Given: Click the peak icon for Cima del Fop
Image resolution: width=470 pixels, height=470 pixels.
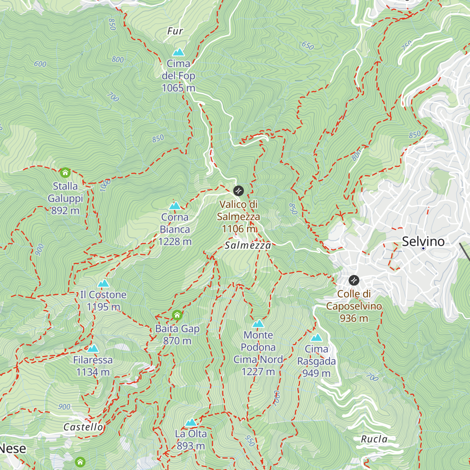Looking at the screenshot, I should coord(179,52).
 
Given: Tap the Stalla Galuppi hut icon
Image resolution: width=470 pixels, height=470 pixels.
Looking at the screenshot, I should coord(65,172).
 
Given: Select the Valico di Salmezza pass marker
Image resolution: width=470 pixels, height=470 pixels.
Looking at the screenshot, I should coord(239,191).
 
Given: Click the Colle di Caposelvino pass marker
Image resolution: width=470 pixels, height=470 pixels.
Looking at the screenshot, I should coord(354,280).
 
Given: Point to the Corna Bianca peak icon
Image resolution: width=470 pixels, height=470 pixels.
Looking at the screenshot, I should coord(175,206).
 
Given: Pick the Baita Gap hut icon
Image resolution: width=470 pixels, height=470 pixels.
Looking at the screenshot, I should coord(177,315).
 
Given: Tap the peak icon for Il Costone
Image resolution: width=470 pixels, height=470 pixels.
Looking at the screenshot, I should coord(103,283).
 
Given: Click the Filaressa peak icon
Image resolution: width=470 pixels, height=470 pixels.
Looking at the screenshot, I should coord(93,349).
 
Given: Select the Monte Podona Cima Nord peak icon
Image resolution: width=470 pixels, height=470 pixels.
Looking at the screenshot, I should coord(258,324).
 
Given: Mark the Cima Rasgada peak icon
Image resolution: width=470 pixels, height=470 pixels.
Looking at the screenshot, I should coord(316,338).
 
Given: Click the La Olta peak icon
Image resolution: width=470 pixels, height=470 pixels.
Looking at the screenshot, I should coord(191,422).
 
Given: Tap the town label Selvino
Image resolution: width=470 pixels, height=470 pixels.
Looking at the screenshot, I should coord(423,241).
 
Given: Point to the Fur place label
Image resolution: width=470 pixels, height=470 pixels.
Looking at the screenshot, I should coord(175,31).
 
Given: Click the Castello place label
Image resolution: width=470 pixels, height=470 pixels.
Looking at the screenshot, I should coord(83,427).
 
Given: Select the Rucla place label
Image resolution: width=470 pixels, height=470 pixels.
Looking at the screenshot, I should coord(374,439).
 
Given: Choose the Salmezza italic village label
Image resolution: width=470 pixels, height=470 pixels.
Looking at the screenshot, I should coord(248,246).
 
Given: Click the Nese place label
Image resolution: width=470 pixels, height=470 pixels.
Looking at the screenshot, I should coord(13,448).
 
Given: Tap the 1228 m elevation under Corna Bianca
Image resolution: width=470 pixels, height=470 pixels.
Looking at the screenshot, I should coord(175,242).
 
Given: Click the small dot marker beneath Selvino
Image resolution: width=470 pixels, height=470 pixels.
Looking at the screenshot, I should coord(423,248).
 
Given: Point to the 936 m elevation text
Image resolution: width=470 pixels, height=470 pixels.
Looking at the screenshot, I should coord(354,318).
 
